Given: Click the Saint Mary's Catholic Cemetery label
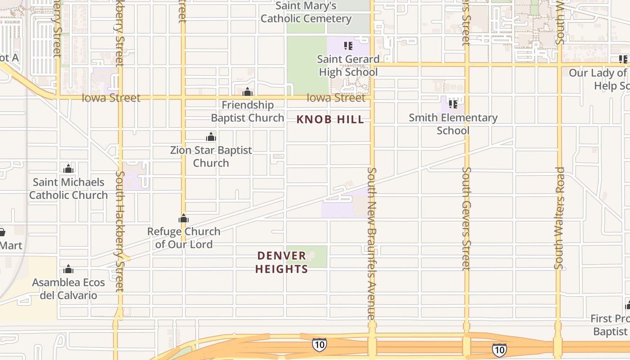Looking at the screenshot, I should coord(306,12).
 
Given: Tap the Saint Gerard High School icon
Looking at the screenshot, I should coord(348,46).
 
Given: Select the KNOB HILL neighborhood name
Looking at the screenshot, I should coord(330,119).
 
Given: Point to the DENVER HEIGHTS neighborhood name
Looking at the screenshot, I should coord(282,262).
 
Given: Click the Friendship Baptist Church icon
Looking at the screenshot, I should coord(247,92).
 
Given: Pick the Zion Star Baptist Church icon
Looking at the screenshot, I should coord(211,137).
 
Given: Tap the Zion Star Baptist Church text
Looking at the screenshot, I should coord(211,157).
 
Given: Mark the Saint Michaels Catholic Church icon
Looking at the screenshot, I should coord(68,169).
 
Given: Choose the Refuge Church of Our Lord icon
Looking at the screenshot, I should coord(183,219).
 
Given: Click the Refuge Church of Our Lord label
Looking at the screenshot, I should coord(184,238).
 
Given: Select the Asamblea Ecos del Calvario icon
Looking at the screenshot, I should coord(68,270).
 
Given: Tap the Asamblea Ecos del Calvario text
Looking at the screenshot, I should coord(68,289).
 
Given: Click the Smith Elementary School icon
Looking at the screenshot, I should coord(453,104).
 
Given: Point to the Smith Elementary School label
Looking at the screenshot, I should coord(453,124).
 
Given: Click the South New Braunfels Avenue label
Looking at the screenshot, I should coord(372,243).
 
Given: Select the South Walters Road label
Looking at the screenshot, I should coord(559,218).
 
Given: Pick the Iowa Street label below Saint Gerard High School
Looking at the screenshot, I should coord(336,98).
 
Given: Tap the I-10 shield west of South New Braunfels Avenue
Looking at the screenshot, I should coord(319,345).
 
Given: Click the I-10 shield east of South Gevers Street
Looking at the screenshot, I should coord(499,349).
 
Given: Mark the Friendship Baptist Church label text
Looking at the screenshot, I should coord(247,112).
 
